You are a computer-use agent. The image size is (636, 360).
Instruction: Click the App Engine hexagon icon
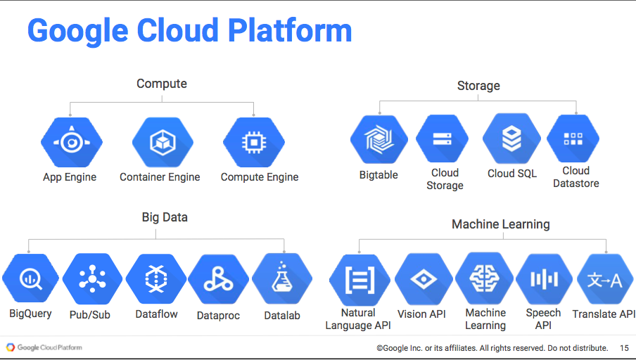tap(71, 143)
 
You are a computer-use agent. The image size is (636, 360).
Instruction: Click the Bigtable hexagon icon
tap(379, 140)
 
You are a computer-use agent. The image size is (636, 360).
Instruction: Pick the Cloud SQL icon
tap(511, 139)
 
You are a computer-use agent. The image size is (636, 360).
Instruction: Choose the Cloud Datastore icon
tap(573, 139)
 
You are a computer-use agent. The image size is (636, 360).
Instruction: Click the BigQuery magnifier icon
tap(30, 279)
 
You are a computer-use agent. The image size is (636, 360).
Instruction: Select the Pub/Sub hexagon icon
tap(92, 279)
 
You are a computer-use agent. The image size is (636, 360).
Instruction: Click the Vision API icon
tap(422, 279)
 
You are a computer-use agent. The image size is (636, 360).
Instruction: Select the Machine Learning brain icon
tap(485, 278)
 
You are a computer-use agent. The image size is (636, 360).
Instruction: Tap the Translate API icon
tap(604, 280)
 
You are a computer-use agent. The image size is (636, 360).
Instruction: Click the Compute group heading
tap(162, 84)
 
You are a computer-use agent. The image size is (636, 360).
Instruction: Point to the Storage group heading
tap(478, 86)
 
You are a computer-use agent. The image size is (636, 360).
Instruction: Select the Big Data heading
tap(165, 217)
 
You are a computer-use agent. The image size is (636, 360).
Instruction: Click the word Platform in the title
tap(290, 31)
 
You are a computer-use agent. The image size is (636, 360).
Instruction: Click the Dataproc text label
tap(218, 316)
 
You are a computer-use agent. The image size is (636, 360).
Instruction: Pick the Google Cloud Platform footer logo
tap(44, 347)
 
